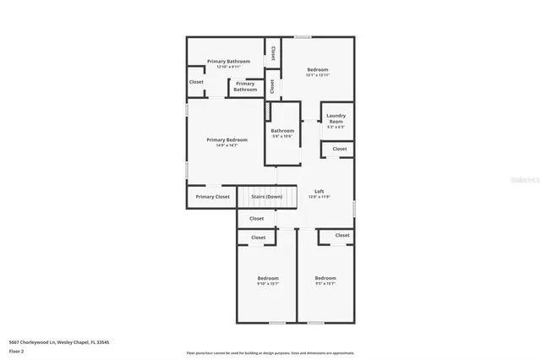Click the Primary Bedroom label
[x=227, y=142]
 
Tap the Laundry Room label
[x=336, y=119]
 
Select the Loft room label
[x=319, y=194]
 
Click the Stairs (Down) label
[x=267, y=197]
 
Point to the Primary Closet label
[x=212, y=197]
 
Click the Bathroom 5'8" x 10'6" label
[x=282, y=133]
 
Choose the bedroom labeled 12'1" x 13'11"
[x=317, y=72]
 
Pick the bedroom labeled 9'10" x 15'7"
[x=268, y=281]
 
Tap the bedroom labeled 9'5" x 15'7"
[x=325, y=281]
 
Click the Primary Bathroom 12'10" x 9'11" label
[x=227, y=63]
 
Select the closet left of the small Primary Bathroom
[x=196, y=82]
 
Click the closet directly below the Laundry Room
[x=339, y=149]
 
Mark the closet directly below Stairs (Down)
[x=258, y=219]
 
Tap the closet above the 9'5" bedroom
[x=342, y=235]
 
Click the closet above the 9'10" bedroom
[x=259, y=237]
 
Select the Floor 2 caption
[x=16, y=350]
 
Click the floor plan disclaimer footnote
[x=270, y=352]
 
